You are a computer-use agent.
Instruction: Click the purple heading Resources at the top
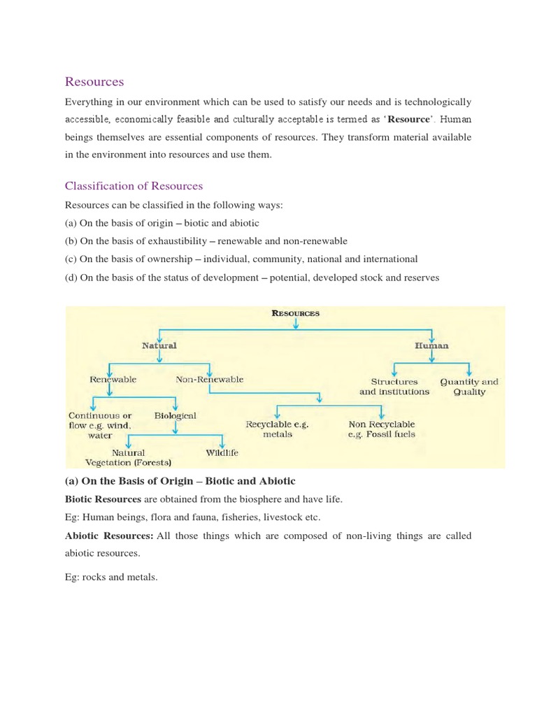pos(94,82)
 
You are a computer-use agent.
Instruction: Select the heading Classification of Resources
pos(134,186)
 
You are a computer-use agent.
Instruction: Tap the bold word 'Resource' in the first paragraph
pos(408,120)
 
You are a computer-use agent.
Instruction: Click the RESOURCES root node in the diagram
pos(295,313)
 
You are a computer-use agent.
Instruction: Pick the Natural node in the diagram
pos(159,345)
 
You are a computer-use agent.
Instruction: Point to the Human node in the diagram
pos(431,345)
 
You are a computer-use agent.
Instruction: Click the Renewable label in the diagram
pos(113,380)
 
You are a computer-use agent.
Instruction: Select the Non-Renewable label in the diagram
pos(210,380)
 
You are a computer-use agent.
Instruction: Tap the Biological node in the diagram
pos(176,415)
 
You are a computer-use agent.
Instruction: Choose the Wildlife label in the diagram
pos(222,452)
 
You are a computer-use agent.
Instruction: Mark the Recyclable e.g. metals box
pos(277,429)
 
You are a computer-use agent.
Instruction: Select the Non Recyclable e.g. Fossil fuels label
pos(381,429)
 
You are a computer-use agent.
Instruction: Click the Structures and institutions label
pos(394,387)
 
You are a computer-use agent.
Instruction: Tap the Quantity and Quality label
pos(468,387)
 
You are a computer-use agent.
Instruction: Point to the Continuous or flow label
pos(100,425)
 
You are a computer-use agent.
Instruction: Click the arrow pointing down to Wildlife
pos(222,441)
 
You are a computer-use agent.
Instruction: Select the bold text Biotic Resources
pos(103,499)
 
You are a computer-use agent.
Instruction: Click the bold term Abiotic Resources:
pos(108,536)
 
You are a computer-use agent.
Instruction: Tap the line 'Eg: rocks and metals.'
pos(111,578)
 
